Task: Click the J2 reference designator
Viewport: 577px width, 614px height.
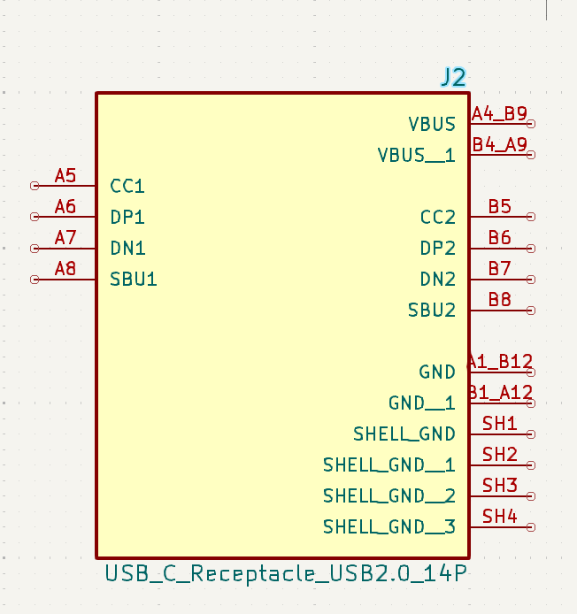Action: point(453,77)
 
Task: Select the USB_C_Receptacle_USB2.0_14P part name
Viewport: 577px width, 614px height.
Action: point(286,573)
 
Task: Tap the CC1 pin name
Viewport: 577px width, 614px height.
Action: point(127,186)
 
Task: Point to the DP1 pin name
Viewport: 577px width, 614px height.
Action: point(127,217)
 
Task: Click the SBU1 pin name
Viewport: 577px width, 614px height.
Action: point(134,280)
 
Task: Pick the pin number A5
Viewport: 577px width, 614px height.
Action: point(65,176)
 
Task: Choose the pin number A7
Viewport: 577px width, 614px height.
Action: point(65,238)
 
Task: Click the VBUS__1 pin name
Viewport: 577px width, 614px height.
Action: point(416,155)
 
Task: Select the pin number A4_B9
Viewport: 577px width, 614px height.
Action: point(499,113)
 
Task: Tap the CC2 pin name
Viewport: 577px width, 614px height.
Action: point(438,217)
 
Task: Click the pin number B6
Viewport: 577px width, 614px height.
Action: point(500,237)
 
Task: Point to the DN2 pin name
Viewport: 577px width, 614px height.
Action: point(438,280)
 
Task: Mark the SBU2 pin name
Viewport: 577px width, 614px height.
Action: point(432,311)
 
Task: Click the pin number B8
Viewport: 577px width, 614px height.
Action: point(500,300)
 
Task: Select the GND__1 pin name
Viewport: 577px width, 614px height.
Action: point(422,403)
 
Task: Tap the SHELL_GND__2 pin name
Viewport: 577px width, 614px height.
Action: point(389,495)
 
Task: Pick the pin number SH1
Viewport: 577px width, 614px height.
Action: point(500,424)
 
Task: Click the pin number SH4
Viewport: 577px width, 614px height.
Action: point(500,517)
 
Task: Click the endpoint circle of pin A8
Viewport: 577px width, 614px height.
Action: point(35,280)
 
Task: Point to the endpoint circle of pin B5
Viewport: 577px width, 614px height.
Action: point(531,217)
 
